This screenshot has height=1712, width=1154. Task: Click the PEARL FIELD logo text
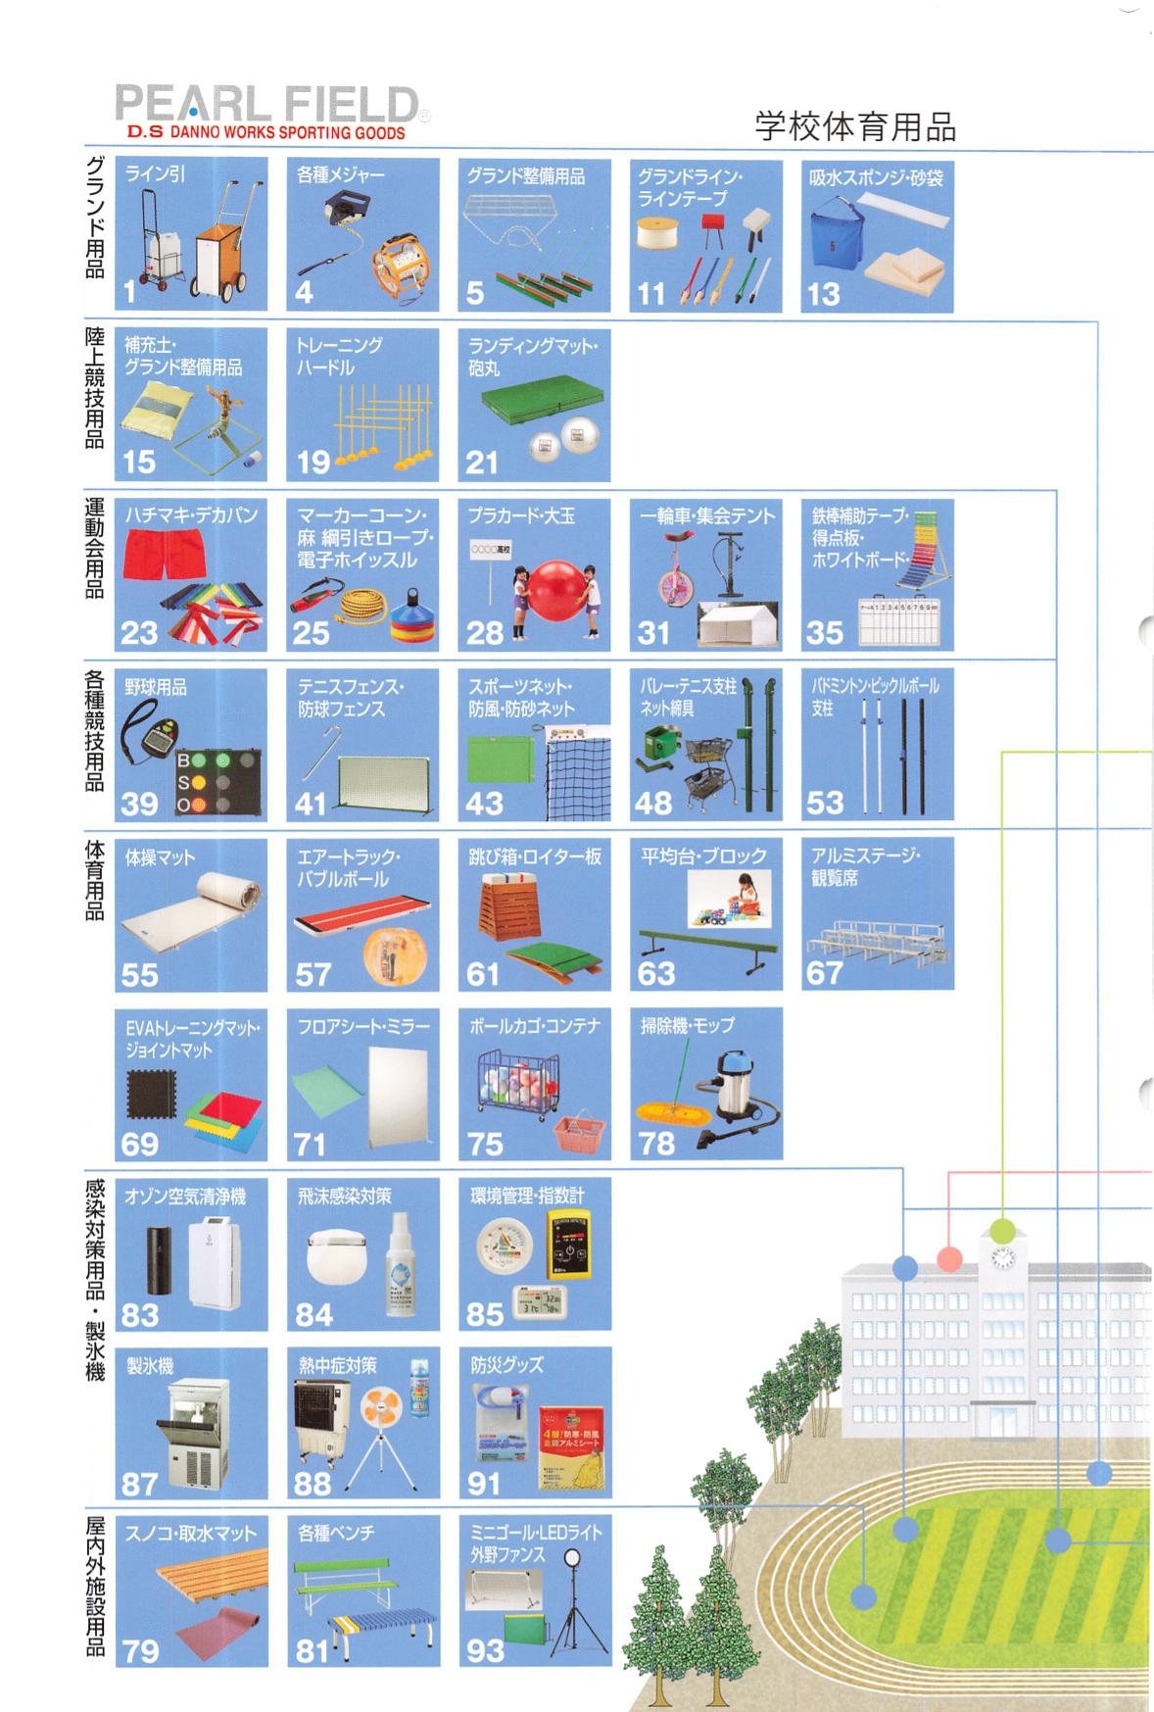[x=265, y=105]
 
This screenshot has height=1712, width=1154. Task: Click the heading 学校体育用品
[x=854, y=126]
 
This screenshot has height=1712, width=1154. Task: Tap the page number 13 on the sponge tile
[x=824, y=294]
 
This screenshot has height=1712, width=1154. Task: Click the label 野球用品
[x=157, y=688]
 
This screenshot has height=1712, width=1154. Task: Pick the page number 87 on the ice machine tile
[x=139, y=1485]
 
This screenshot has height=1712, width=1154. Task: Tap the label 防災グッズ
[x=506, y=1365]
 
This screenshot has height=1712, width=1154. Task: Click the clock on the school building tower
[x=1000, y=1262]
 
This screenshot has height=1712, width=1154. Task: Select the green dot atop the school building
[x=1001, y=1230]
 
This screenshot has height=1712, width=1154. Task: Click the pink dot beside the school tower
[x=948, y=1257]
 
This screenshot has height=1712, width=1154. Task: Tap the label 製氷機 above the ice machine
[x=150, y=1365]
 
